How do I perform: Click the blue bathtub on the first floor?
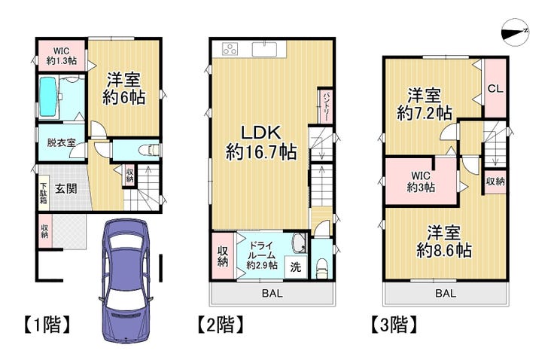point(49,96)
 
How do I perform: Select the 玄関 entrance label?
point(66,188)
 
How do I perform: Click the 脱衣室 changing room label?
point(61,143)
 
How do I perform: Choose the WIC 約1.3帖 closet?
point(62,56)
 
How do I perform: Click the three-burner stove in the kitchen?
point(230,50)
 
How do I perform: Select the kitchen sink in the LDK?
point(265,50)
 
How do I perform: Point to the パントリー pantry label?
point(325,106)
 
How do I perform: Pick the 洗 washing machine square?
point(296,267)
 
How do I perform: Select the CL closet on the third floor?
point(495,88)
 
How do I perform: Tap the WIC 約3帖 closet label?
point(421,182)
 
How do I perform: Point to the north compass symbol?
point(515,32)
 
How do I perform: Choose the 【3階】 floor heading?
point(394,325)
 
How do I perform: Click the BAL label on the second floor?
point(272,293)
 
